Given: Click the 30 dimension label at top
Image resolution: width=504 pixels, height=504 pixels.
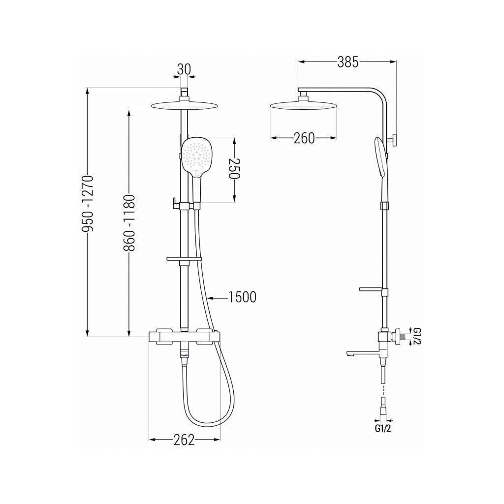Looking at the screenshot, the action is pyautogui.click(x=184, y=69).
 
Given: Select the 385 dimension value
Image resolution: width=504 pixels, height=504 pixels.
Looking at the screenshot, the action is pyautogui.click(x=348, y=63).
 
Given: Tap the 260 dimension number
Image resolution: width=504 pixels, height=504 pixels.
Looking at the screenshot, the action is pyautogui.click(x=304, y=138).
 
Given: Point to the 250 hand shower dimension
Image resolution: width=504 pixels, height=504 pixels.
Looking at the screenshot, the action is pyautogui.click(x=236, y=169).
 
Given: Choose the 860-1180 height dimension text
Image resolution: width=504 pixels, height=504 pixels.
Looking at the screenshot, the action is pyautogui.click(x=129, y=223).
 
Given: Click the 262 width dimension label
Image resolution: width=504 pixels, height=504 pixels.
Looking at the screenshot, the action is pyautogui.click(x=184, y=440).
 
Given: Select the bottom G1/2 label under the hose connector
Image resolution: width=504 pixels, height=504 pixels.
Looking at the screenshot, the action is pyautogui.click(x=383, y=429).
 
